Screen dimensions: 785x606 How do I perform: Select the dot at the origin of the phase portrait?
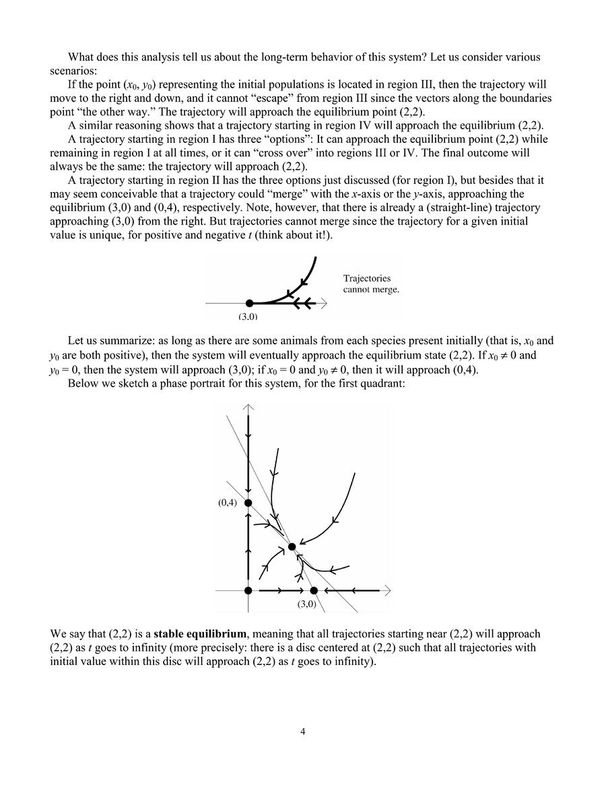(248, 590)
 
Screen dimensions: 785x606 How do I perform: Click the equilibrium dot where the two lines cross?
(292, 546)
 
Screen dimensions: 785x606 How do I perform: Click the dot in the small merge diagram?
(249, 304)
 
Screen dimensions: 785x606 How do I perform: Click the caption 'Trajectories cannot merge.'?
(371, 284)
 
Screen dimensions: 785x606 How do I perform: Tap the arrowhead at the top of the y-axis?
(249, 407)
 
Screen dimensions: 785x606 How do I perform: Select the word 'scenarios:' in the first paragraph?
(73, 70)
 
